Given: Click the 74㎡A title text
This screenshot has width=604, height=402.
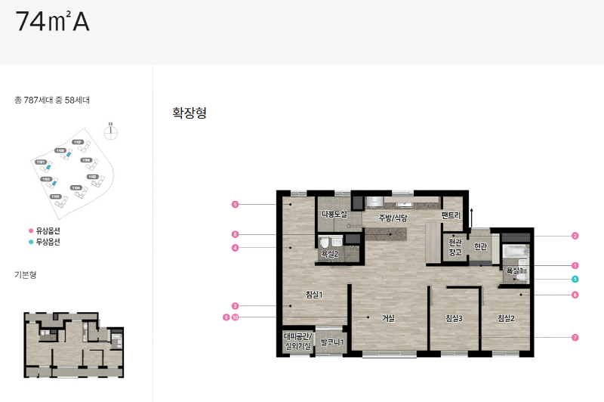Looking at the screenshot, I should coord(52,22).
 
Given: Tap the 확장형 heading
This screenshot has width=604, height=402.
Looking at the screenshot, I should coord(190,113).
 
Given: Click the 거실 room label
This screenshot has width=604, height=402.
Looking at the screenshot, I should coord(387,318).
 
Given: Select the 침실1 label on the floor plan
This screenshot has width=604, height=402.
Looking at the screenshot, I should coord(314,294).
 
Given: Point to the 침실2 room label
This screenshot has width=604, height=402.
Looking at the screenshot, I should coord(506,318).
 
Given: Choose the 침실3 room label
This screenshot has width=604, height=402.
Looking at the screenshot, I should coord(453,318).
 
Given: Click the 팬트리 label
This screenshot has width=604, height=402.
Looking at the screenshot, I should coord(451,215).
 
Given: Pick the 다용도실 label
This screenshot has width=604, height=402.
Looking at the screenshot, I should coord(334,215).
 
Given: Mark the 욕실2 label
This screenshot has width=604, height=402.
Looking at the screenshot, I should coord(329,255).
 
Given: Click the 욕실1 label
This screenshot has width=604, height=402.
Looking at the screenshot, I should coord(515,270).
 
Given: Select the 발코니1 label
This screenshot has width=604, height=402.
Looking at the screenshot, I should coord(332,342).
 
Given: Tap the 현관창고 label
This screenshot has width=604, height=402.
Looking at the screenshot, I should coord(455,247).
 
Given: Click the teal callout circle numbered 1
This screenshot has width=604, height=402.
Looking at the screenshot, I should coord(575,279).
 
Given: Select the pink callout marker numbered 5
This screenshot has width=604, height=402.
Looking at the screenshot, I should coord(235,205).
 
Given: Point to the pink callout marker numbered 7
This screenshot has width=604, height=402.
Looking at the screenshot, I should coord(575,337).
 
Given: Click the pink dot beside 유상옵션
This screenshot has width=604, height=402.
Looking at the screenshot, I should coord(31,230).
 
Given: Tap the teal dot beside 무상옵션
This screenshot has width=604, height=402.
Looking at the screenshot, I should coord(31,242).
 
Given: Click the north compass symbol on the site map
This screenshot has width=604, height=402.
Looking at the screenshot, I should coord(111,129).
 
